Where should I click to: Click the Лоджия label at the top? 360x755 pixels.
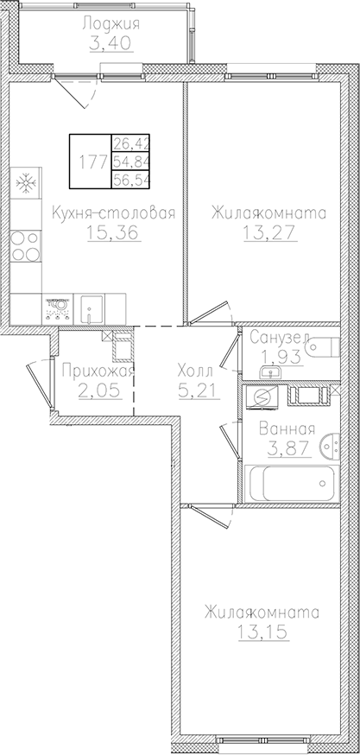pos(111,23)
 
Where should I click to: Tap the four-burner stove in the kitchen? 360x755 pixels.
pos(26,248)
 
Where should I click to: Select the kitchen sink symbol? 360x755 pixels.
pos(92,306)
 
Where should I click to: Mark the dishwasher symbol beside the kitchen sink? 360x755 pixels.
pos(58,306)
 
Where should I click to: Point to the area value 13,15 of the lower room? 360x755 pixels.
pos(262,631)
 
